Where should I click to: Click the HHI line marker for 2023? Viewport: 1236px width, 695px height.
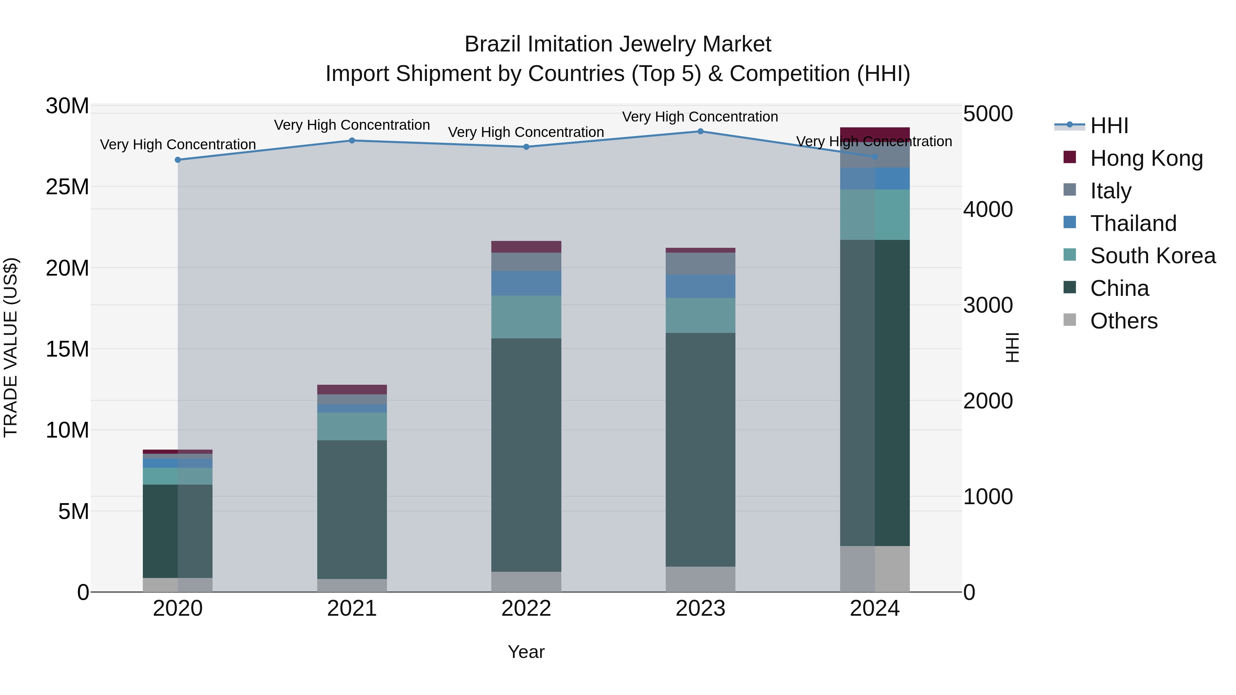click(x=700, y=131)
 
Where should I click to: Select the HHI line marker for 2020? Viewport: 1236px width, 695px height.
click(x=178, y=160)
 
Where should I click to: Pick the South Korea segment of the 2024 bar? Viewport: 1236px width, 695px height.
click(x=875, y=215)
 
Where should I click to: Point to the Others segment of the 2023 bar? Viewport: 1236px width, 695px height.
click(x=700, y=579)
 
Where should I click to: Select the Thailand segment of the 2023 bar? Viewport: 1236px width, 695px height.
click(x=700, y=286)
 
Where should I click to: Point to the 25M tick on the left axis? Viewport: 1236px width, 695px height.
click(x=67, y=187)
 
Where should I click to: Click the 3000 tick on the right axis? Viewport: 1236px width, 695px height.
click(x=987, y=305)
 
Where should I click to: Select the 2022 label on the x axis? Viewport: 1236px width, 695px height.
click(x=526, y=609)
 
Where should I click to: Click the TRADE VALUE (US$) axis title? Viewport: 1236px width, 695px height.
click(x=11, y=347)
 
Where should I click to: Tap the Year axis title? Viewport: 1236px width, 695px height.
click(x=526, y=652)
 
